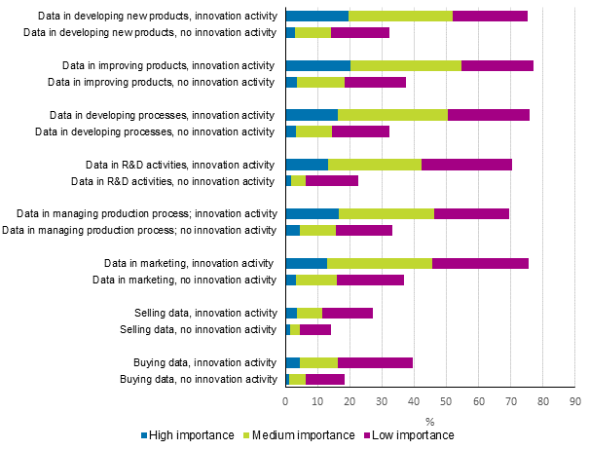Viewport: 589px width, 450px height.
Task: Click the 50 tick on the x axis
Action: coord(446,401)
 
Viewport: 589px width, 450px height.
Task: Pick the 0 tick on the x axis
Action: coord(285,401)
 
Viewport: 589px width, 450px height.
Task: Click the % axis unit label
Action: coord(429,420)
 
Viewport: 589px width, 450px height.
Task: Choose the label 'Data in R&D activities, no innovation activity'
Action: coord(174,181)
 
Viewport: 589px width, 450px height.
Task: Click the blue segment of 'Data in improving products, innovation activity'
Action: coord(317,65)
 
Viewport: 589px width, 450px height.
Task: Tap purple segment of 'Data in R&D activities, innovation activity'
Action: coord(466,164)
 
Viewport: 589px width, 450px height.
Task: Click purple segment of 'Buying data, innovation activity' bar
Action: coord(375,362)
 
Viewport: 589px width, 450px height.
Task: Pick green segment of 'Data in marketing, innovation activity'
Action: coord(380,263)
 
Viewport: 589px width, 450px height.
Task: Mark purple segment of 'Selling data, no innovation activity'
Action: coord(315,329)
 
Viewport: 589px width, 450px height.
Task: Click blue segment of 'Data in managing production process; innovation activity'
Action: coord(312,213)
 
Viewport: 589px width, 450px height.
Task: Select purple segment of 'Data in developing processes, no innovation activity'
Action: coord(360,131)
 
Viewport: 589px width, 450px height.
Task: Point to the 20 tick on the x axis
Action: coord(350,401)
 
